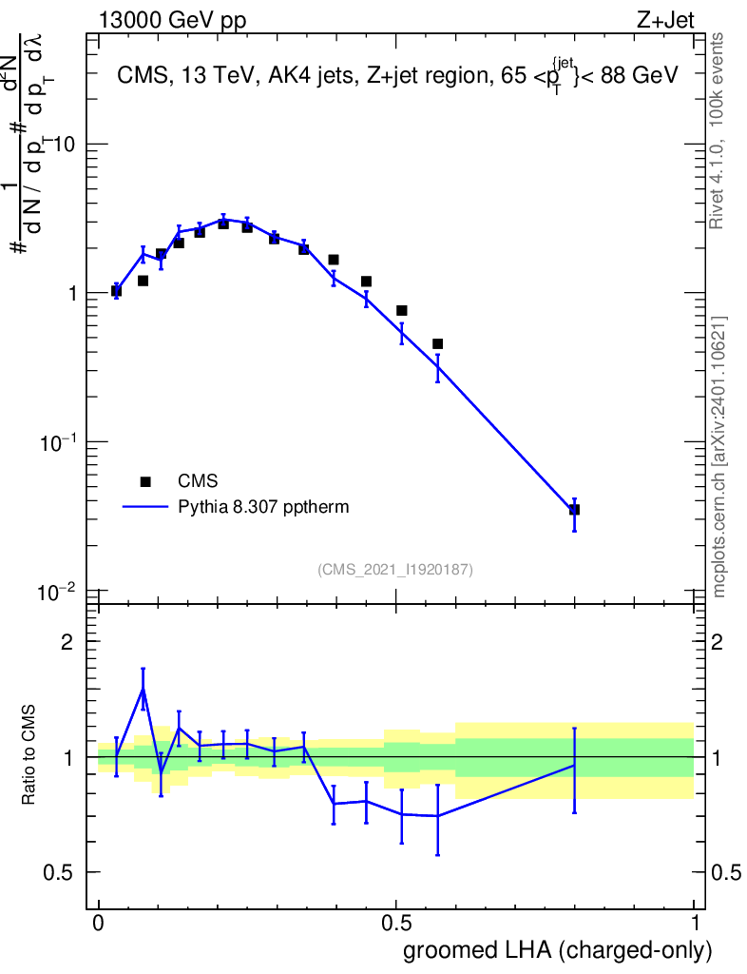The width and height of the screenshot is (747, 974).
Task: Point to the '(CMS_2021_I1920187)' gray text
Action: [x=395, y=569]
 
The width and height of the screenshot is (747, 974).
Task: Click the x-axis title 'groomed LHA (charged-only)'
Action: [x=558, y=950]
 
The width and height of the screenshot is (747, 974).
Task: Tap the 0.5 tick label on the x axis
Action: [x=396, y=924]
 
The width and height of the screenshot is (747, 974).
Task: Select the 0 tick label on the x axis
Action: [x=98, y=924]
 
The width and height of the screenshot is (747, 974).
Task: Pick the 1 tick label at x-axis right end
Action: [x=695, y=924]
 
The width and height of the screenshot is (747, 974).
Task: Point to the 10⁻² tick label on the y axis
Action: [x=58, y=591]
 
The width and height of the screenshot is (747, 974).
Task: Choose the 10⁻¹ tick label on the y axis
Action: [x=58, y=441]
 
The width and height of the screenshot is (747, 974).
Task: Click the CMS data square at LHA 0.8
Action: [x=574, y=510]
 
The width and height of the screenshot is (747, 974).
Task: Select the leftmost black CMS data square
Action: [x=116, y=291]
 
